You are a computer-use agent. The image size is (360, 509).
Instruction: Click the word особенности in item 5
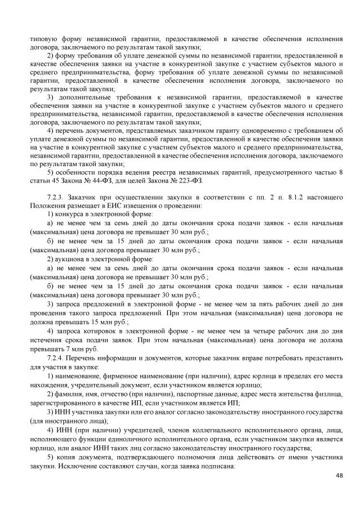pyautogui.click(x=75, y=172)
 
